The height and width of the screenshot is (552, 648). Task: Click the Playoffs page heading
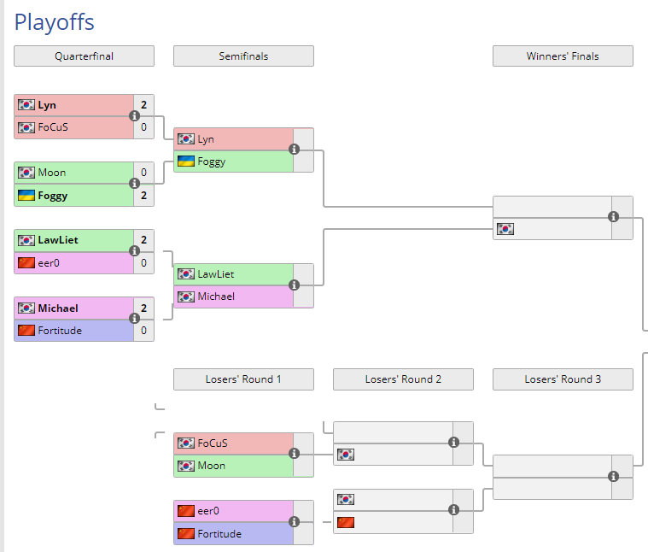pyautogui.click(x=55, y=22)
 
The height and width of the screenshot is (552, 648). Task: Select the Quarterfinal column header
pyautogui.click(x=84, y=56)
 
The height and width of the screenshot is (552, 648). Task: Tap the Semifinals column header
pyautogui.click(x=243, y=56)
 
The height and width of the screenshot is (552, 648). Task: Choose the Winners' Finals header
pyautogui.click(x=563, y=56)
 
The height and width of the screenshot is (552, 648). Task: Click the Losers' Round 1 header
pyautogui.click(x=243, y=379)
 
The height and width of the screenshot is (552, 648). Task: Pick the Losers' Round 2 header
pyautogui.click(x=403, y=379)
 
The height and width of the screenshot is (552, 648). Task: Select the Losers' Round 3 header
pyautogui.click(x=563, y=379)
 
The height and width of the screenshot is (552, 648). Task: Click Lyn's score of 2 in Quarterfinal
pyautogui.click(x=143, y=105)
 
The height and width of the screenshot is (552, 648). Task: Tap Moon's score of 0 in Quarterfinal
pyautogui.click(x=143, y=173)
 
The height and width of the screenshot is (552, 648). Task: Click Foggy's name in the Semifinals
pyautogui.click(x=212, y=161)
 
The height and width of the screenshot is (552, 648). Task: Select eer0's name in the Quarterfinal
pyautogui.click(x=50, y=263)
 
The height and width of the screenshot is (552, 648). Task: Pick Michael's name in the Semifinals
pyautogui.click(x=216, y=297)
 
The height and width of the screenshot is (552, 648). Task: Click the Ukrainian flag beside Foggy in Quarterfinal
pyautogui.click(x=26, y=196)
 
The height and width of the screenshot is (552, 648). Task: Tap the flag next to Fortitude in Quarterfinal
pyautogui.click(x=26, y=331)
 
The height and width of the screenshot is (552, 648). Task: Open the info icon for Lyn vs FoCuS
pyautogui.click(x=134, y=116)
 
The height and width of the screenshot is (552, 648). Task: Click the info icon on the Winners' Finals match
pyautogui.click(x=613, y=217)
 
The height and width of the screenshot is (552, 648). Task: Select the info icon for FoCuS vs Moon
pyautogui.click(x=294, y=455)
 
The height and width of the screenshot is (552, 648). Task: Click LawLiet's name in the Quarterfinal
pyautogui.click(x=58, y=240)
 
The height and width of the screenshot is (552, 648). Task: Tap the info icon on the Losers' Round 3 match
pyautogui.click(x=613, y=477)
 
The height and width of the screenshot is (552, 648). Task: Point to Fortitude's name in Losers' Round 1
pyautogui.click(x=219, y=534)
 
